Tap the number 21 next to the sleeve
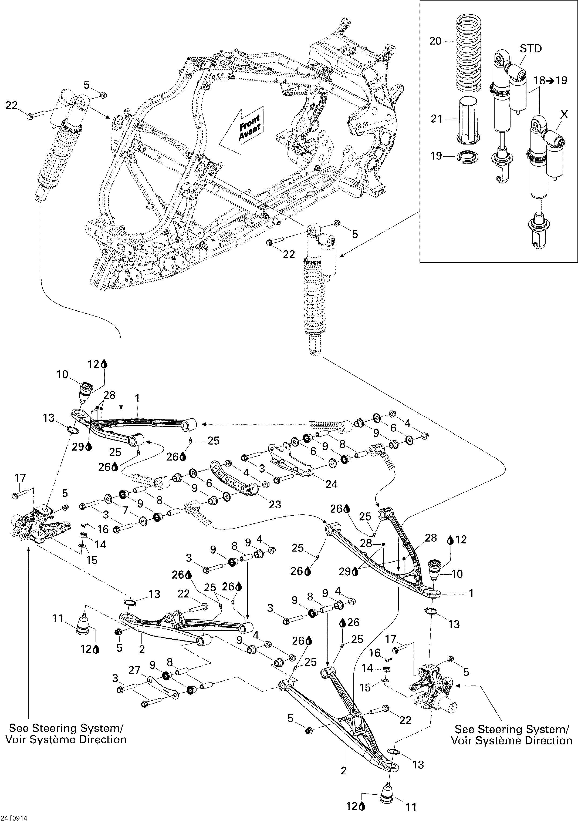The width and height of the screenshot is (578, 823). pyautogui.click(x=437, y=119)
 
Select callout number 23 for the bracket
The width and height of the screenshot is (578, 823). pyautogui.click(x=275, y=504)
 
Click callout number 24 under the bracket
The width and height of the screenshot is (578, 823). pyautogui.click(x=331, y=484)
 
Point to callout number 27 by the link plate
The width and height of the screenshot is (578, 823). pyautogui.click(x=134, y=671)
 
